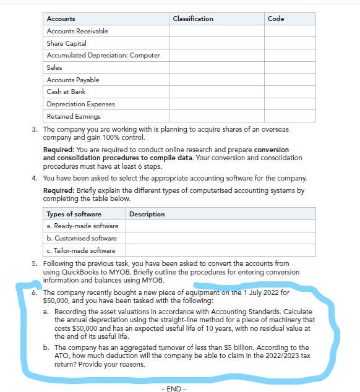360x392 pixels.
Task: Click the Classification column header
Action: click(x=193, y=19)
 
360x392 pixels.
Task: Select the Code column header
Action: click(x=276, y=19)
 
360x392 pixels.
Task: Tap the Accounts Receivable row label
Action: click(x=77, y=31)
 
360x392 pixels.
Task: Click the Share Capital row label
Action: click(x=67, y=43)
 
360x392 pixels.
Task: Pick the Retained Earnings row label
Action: click(x=74, y=116)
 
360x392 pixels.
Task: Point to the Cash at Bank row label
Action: click(x=66, y=92)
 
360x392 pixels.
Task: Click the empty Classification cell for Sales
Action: click(x=216, y=67)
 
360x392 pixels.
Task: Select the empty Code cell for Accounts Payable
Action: click(x=290, y=80)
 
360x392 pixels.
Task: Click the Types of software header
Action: click(x=74, y=214)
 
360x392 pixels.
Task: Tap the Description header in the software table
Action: click(x=147, y=214)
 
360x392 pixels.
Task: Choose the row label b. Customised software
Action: click(x=81, y=238)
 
